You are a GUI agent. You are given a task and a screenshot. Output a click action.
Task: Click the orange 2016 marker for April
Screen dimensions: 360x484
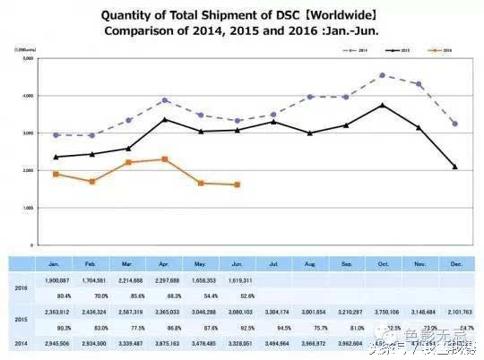164,159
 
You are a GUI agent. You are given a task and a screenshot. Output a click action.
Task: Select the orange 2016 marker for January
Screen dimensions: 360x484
56,174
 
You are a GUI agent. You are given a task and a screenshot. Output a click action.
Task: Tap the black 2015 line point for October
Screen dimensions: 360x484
383,105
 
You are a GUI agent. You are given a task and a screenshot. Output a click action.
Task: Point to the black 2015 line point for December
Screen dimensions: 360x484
455,167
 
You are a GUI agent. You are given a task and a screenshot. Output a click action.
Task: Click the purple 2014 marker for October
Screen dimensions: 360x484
383,75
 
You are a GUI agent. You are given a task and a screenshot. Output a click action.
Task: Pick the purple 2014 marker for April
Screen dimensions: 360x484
164,100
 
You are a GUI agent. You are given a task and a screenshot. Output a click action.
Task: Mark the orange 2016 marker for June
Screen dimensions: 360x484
237,184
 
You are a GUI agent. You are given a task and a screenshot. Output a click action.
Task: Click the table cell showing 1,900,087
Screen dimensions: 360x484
56,279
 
